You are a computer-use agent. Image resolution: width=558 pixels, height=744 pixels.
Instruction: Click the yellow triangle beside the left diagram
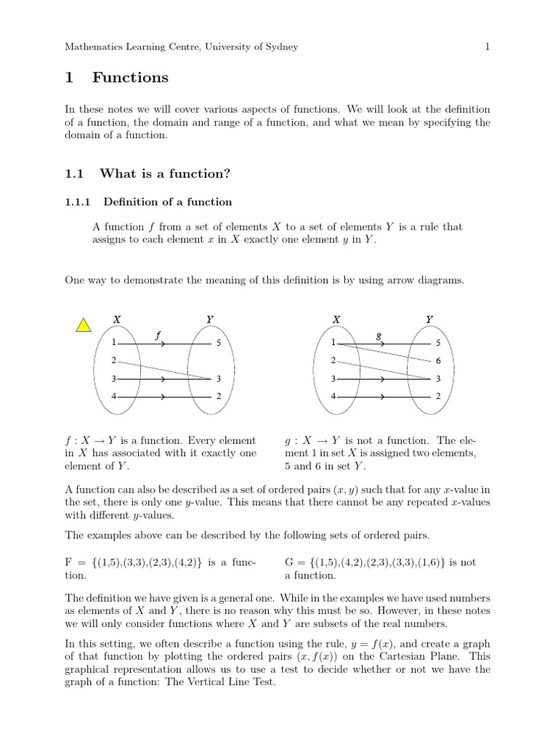click(x=84, y=325)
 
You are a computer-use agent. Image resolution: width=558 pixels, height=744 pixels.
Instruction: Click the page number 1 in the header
click(x=488, y=47)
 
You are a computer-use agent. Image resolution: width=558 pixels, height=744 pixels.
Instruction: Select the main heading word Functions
click(x=130, y=78)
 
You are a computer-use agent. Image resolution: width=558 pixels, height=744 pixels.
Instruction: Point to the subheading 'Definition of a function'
click(x=167, y=202)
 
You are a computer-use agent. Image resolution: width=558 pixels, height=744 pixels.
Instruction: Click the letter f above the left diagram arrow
click(x=158, y=334)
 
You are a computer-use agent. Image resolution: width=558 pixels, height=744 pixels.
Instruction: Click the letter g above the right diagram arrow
click(x=378, y=335)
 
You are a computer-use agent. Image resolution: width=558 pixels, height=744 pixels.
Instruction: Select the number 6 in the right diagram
click(x=438, y=361)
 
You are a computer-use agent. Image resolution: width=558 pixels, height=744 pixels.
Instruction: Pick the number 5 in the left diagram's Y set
click(x=219, y=343)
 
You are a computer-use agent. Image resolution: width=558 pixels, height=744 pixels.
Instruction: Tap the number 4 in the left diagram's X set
click(x=113, y=396)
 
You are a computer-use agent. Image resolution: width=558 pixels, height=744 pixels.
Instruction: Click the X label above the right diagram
click(x=336, y=319)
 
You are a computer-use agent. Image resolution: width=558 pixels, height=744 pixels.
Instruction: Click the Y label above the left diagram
click(x=210, y=319)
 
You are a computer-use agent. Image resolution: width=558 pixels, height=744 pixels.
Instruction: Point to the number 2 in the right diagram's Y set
click(x=438, y=397)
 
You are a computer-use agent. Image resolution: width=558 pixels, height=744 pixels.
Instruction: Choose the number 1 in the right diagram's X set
click(x=333, y=343)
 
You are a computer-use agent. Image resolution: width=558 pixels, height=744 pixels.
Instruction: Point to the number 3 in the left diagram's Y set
click(x=219, y=379)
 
